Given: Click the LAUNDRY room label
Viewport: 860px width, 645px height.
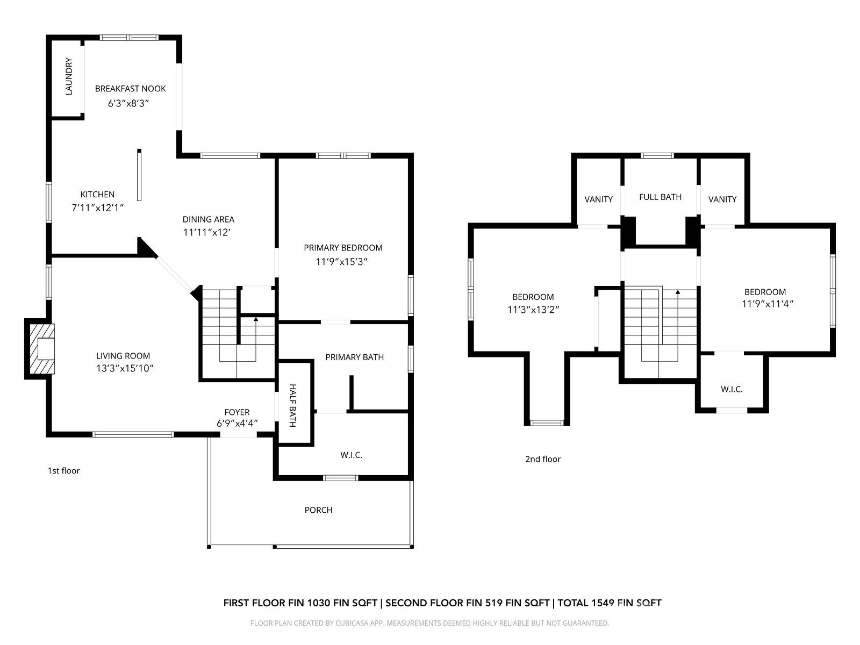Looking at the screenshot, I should pos(68,77).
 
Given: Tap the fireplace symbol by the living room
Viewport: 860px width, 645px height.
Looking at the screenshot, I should pos(42,349).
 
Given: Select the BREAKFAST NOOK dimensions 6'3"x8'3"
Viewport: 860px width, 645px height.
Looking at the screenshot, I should pos(128,103).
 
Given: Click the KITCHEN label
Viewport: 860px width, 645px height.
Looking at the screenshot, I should pos(97,195).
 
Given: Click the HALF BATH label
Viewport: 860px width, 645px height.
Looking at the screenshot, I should pos(293,405).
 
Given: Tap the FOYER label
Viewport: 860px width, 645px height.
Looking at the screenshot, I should pos(237,412).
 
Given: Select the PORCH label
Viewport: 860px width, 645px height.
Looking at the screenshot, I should pos(318,510).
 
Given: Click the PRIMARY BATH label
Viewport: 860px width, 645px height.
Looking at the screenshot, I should pos(354,357).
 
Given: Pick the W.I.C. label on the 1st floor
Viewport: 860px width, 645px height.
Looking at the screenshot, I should pos(351,455).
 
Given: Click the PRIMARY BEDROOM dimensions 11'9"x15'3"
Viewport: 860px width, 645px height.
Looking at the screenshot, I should pos(342,261).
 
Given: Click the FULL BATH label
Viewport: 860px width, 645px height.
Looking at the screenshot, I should pos(660,197).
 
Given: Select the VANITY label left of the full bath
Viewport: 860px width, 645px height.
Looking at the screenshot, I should pos(598,199).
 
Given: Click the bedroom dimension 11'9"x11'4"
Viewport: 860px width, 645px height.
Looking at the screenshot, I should pos(768,304).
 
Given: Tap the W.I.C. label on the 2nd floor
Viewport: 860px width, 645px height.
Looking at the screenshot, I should pos(732,389).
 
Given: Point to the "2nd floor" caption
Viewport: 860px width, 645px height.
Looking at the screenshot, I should pos(542,459).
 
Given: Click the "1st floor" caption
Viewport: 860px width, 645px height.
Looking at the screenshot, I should pos(63,471).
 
